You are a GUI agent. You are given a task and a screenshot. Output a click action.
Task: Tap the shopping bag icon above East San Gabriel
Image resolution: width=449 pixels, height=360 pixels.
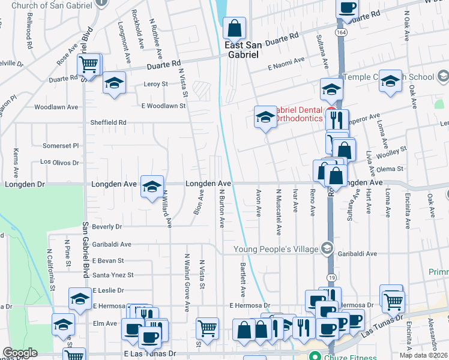234,28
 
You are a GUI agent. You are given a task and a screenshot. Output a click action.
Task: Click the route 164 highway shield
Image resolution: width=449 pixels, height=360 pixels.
340,32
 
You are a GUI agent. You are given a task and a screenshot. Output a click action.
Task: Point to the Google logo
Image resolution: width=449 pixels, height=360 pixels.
19,353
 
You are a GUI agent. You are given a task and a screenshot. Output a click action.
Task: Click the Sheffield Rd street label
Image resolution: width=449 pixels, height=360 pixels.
108,122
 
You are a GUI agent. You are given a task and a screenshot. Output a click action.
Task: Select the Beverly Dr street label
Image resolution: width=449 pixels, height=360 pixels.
107,227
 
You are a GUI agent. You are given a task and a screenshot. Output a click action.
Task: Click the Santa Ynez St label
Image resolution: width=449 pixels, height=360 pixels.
113,275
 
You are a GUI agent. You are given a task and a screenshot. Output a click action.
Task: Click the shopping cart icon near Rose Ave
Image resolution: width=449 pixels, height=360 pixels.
89,64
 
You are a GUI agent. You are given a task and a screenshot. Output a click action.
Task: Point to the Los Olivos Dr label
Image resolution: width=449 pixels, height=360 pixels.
59,163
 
